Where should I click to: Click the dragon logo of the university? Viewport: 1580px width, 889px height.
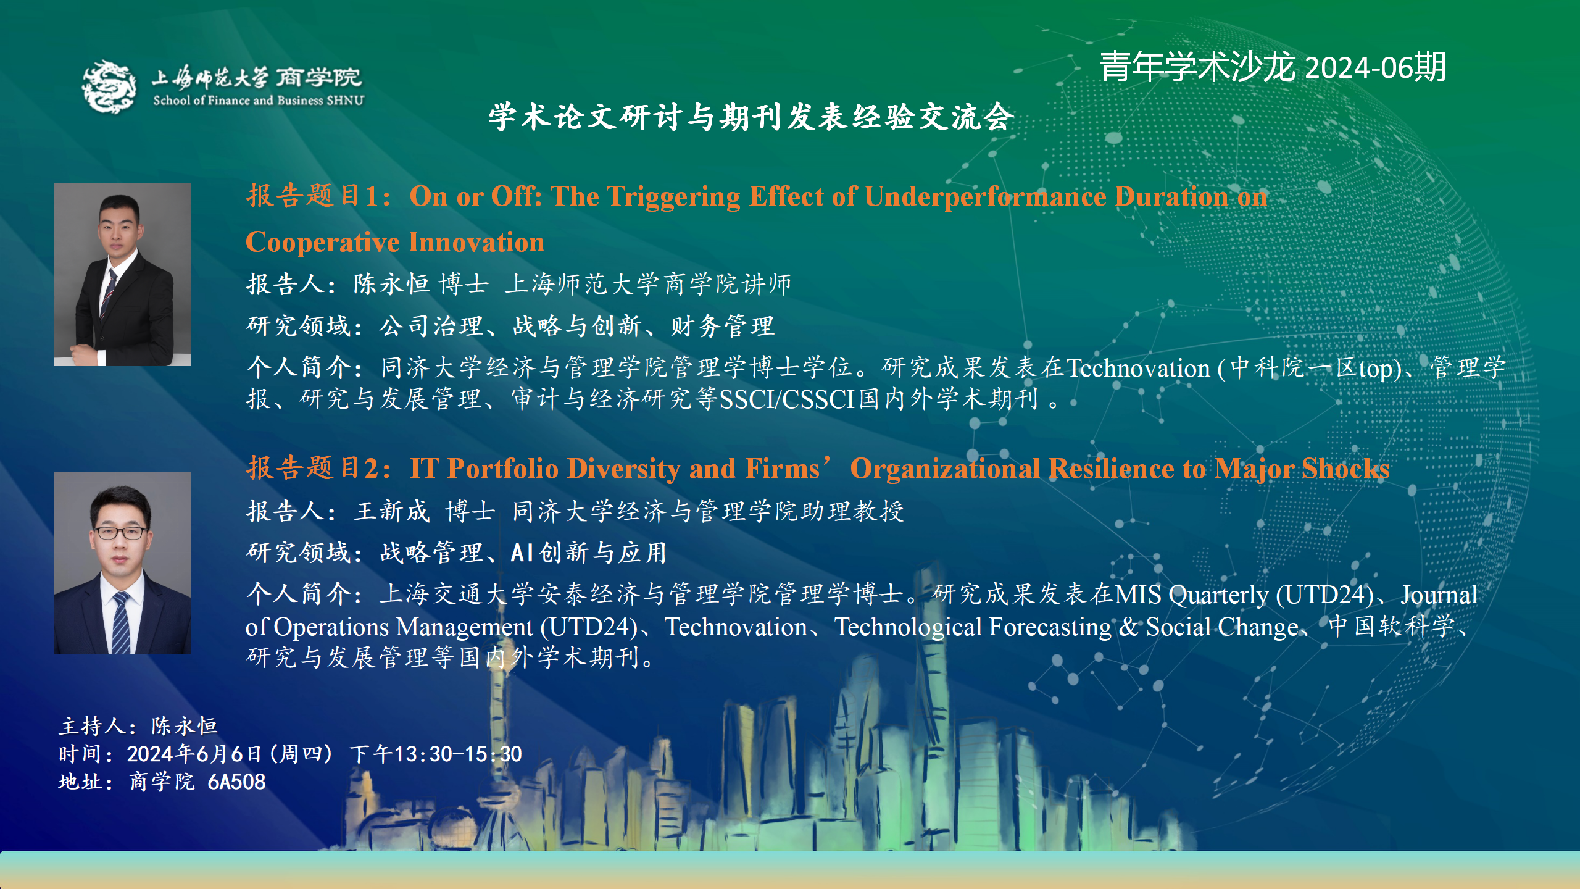coord(110,86)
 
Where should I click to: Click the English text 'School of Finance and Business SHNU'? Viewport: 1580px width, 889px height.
coord(259,101)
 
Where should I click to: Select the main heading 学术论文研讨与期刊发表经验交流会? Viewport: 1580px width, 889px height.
coord(751,117)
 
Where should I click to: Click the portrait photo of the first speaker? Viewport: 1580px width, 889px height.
coord(123,275)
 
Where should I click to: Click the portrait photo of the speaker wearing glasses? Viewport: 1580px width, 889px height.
coord(123,563)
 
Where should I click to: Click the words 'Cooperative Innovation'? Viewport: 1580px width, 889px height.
coord(395,242)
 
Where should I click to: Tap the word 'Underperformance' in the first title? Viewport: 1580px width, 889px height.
coord(985,197)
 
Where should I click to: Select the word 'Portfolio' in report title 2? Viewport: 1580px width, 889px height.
coord(502,469)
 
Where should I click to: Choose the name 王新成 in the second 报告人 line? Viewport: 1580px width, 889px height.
coord(392,511)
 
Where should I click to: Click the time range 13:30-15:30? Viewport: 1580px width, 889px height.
coord(458,754)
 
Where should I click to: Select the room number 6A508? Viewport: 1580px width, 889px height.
coord(236,782)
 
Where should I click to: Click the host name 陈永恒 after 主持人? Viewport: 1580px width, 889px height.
coord(184,726)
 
